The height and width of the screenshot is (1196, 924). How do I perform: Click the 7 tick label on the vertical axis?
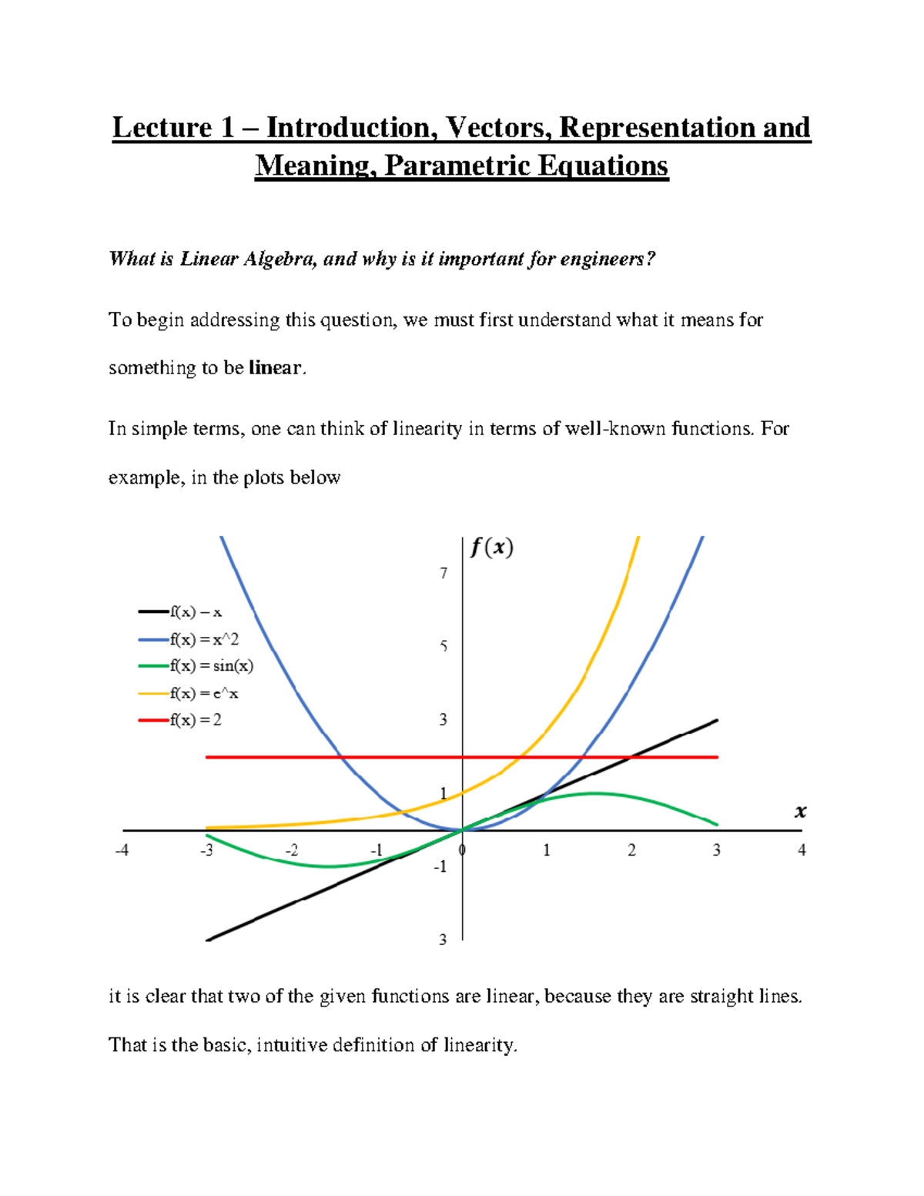point(444,573)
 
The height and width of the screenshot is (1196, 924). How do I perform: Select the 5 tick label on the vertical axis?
point(444,646)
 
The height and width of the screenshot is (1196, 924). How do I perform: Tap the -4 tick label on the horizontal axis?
point(122,850)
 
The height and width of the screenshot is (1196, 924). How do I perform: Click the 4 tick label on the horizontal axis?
point(802,850)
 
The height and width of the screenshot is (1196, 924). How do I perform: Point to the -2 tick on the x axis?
point(292,850)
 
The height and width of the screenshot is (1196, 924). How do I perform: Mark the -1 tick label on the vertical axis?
point(440,866)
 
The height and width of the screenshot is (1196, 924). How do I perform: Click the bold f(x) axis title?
point(492,548)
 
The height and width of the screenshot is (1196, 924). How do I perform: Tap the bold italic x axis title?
point(801,811)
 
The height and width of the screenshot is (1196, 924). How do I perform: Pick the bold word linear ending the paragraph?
point(275,368)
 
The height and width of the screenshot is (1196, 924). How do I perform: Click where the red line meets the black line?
point(632,757)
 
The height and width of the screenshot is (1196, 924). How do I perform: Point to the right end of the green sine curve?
point(717,825)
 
